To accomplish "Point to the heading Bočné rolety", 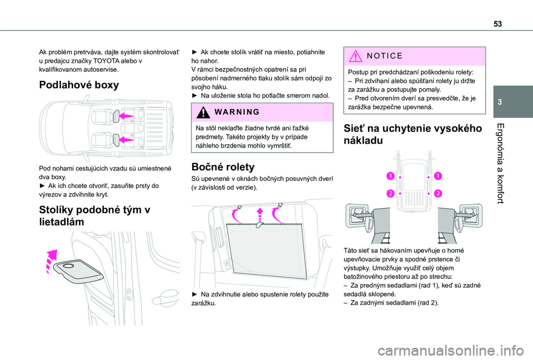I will coord(222,166).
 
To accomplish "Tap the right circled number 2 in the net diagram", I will coord(438,193).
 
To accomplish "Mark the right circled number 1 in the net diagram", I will coord(438,176).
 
